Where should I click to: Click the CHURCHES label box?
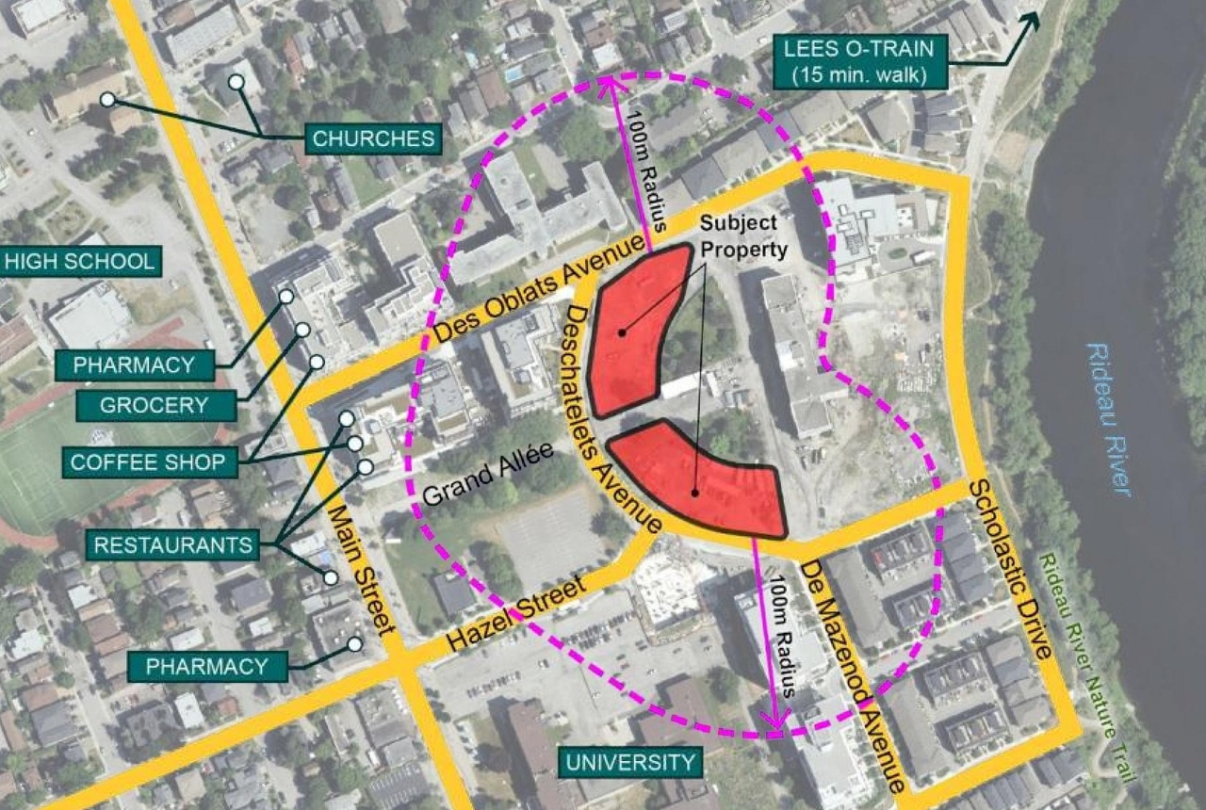pyautogui.click(x=373, y=139)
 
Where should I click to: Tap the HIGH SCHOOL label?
pyautogui.click(x=81, y=261)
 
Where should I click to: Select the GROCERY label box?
pyautogui.click(x=155, y=406)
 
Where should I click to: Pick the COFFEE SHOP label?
pyautogui.click(x=149, y=462)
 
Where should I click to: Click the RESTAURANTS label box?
pyautogui.click(x=172, y=543)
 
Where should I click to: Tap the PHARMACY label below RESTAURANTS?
pyautogui.click(x=207, y=667)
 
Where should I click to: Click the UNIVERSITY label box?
pyautogui.click(x=629, y=761)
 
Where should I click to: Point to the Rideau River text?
pyautogui.click(x=1108, y=418)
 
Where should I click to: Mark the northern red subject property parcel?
pyautogui.click(x=636, y=330)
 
